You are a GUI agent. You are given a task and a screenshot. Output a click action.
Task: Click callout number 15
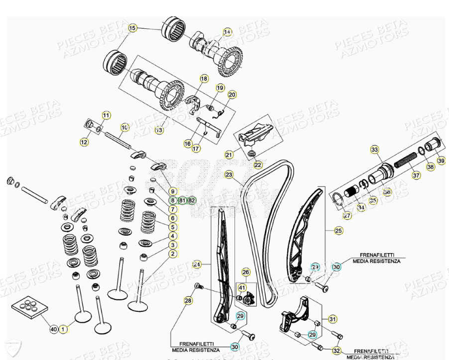pos(132,28)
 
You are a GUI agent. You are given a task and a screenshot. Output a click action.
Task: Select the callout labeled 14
pos(227,32)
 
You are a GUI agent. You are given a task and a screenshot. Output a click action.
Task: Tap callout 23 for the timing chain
pos(229,175)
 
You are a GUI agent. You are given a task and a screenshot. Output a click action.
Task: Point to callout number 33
pos(375,149)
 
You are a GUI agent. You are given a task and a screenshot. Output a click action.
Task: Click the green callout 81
pos(182,200)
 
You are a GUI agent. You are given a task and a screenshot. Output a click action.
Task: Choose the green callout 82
pos(191,200)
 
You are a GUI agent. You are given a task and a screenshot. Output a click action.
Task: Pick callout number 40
pos(54,329)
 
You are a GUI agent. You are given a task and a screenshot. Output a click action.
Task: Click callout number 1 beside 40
pos(63,329)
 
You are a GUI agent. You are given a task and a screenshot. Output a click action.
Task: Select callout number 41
pos(242,287)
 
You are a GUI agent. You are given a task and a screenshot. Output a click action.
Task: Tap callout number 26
pos(245,272)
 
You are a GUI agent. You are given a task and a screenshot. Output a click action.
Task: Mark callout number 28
pos(188,300)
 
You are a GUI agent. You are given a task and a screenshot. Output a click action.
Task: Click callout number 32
pos(337,351)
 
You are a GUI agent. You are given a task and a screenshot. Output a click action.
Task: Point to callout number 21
pos(229,155)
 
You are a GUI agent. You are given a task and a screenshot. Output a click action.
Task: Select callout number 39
pos(441,160)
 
